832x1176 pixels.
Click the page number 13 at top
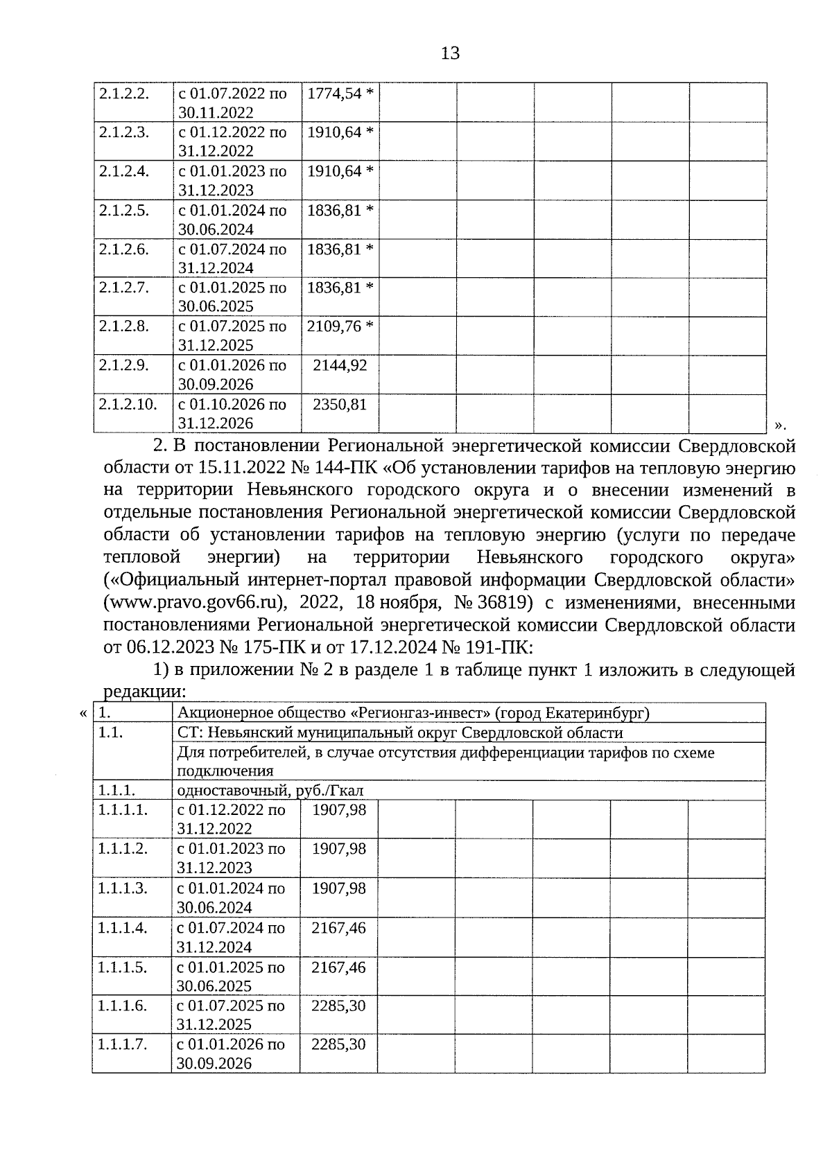pyautogui.click(x=450, y=53)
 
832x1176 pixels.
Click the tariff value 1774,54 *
pyautogui.click(x=340, y=94)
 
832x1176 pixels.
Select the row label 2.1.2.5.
pyautogui.click(x=123, y=210)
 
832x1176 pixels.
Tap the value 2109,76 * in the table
pyautogui.click(x=340, y=326)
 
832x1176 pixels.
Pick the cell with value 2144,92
pyautogui.click(x=340, y=365)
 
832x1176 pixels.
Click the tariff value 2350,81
pyautogui.click(x=340, y=404)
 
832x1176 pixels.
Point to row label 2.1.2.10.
pyautogui.click(x=128, y=404)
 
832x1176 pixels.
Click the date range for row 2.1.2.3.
pyautogui.click(x=232, y=141)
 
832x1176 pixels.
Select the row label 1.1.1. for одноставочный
pyautogui.click(x=116, y=790)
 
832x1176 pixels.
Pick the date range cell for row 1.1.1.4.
pyautogui.click(x=231, y=938)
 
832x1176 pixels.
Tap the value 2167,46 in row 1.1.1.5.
pyautogui.click(x=338, y=967)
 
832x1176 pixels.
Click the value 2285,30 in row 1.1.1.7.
pyautogui.click(x=338, y=1044)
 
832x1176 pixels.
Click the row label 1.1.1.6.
pyautogui.click(x=122, y=1006)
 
